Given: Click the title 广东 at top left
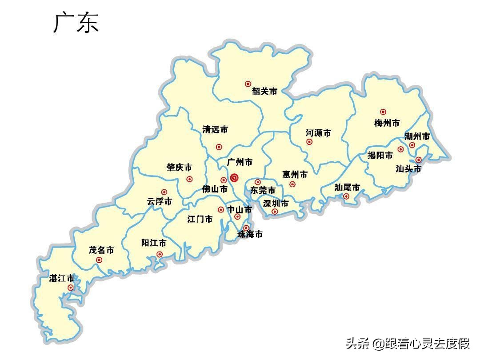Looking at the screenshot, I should click(76, 23).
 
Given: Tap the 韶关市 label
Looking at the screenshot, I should click(264, 92).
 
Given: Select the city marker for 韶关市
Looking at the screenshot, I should click(248, 84).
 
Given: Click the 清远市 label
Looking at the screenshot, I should click(215, 130).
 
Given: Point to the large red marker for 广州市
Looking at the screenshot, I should click(234, 178).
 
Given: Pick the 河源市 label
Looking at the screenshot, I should click(318, 133).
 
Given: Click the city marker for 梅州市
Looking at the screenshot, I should click(383, 112).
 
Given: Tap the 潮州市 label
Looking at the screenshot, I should click(417, 136).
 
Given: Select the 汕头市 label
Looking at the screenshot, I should click(408, 169).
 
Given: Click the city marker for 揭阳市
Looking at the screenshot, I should click(400, 149).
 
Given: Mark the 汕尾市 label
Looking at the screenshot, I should click(347, 188).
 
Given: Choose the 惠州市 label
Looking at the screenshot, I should click(295, 175).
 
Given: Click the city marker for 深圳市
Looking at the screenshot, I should click(275, 212).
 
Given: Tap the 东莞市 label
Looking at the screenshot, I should click(263, 190).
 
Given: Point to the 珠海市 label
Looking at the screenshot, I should click(250, 234).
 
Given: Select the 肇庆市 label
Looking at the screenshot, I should click(179, 168).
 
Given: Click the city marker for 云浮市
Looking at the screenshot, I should click(164, 192).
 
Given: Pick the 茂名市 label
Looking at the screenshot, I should click(101, 250).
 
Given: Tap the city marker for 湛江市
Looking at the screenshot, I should click(70, 288).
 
